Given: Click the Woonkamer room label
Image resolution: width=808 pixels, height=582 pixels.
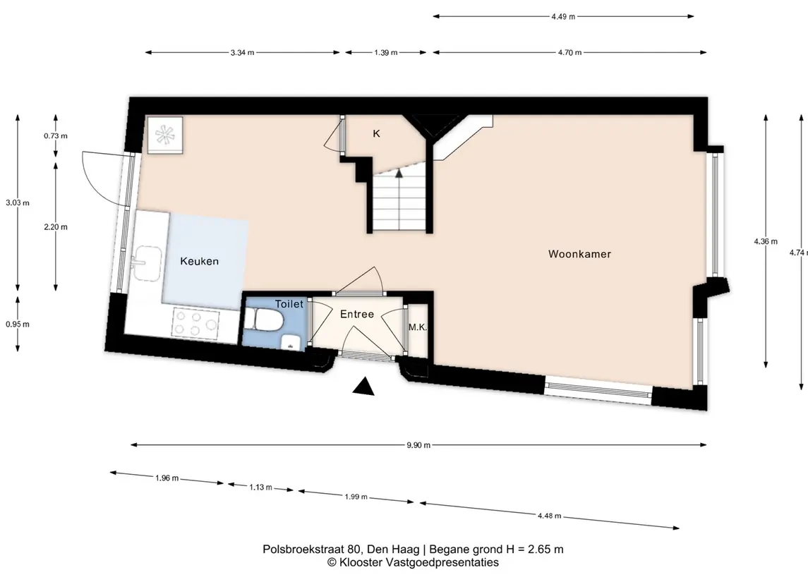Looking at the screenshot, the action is coord(579,254).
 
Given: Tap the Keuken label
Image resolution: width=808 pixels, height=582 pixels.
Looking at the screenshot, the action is coord(200,261).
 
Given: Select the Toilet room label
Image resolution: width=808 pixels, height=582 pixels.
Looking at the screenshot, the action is coord(289,304).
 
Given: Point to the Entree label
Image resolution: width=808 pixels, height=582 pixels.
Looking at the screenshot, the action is coord(356,314).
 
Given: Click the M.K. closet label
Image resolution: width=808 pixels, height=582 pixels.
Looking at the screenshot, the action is coord(417,327).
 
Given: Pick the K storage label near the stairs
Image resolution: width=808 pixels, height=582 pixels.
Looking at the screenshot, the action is coord(376,134).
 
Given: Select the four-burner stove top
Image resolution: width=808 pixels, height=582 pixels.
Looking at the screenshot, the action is coord(195,323).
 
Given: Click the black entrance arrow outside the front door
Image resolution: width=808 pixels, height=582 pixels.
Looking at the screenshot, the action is coord(364,387).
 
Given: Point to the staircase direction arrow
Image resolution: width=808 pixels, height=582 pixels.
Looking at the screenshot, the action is coord(398,173).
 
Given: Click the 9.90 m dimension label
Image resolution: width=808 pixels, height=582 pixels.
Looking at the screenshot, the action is coord(418,445).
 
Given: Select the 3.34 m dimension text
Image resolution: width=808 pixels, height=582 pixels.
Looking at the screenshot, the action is coord(242,52).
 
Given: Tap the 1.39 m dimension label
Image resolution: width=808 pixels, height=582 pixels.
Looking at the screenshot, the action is coord(385,52).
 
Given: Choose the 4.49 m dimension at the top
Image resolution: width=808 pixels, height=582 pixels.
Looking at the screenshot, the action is coord(562,16).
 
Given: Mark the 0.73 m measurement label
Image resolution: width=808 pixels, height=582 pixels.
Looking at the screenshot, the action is coord(56,136).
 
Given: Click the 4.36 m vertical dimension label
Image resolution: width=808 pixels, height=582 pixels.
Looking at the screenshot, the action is coord(766,241).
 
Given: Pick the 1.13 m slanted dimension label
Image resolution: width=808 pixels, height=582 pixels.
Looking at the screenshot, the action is coord(260,487).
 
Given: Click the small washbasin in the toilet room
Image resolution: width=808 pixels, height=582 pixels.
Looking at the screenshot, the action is coord(291,342).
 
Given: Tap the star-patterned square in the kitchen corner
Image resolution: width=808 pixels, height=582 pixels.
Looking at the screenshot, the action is coord(165,135).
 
